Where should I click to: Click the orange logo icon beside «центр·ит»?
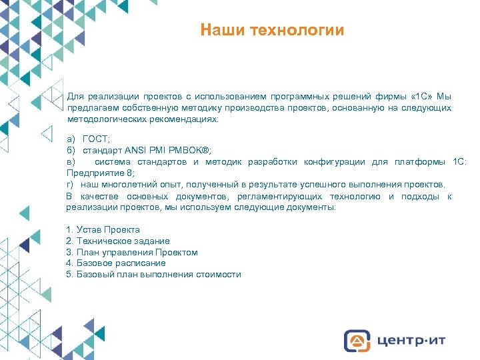(356, 340)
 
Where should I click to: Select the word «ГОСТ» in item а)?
(97, 139)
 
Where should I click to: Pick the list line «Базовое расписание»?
(116, 263)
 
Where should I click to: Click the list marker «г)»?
(71, 184)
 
